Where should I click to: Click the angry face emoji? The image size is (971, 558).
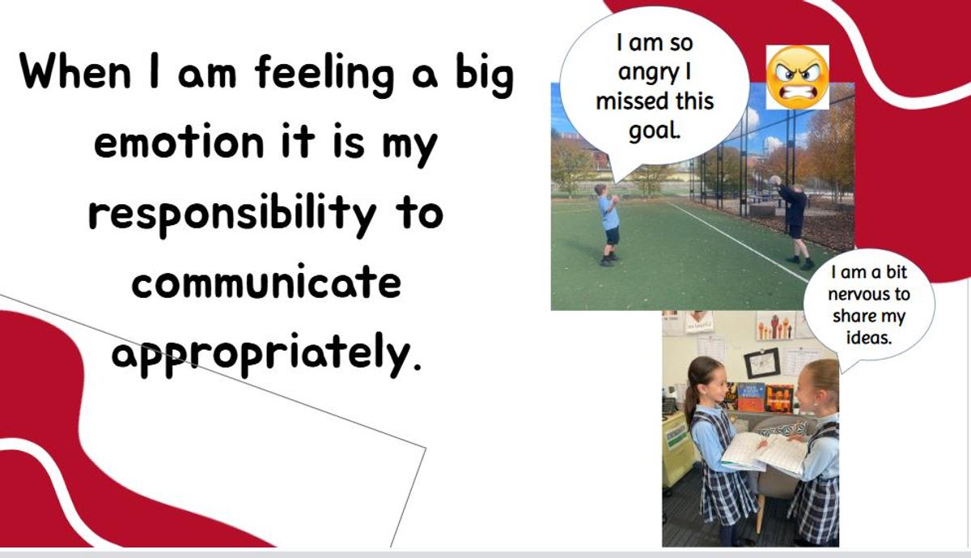click(798, 77)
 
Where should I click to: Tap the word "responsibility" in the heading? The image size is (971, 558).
click(232, 215)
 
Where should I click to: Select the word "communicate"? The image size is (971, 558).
click(266, 282)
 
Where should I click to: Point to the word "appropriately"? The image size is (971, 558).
click(266, 355)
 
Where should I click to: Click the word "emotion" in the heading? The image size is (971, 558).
click(179, 141)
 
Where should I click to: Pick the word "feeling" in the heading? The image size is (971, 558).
click(324, 74)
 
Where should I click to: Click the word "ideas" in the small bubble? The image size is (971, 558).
click(869, 337)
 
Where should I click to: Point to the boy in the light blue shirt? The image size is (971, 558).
click(608, 224)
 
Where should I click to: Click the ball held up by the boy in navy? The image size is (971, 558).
click(774, 181)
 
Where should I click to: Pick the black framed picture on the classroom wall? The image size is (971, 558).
click(762, 363)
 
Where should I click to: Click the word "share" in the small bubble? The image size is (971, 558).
click(849, 316)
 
